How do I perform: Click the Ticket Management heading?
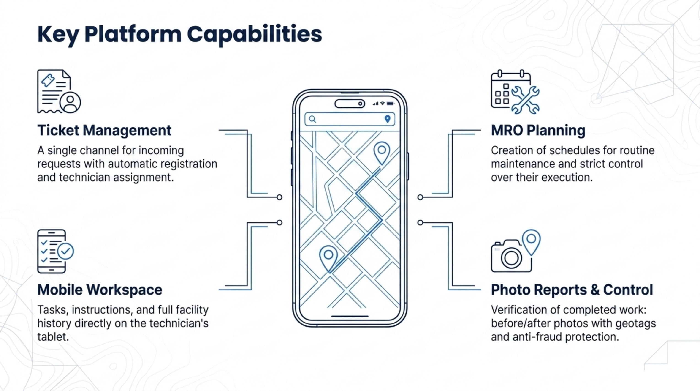(104, 130)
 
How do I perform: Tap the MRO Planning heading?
(538, 130)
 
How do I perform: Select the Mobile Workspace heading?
(100, 290)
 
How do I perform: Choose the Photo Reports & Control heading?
(572, 290)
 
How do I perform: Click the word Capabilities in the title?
(254, 35)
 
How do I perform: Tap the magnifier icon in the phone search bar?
(312, 119)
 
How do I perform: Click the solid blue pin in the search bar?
(388, 119)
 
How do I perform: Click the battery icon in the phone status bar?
(390, 104)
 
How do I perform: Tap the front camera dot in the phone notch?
(360, 104)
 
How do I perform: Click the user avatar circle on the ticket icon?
(70, 103)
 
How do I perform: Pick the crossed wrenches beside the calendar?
(525, 100)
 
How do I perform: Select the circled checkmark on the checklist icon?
(65, 252)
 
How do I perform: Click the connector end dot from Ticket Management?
(279, 197)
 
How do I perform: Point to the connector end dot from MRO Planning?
(420, 197)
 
